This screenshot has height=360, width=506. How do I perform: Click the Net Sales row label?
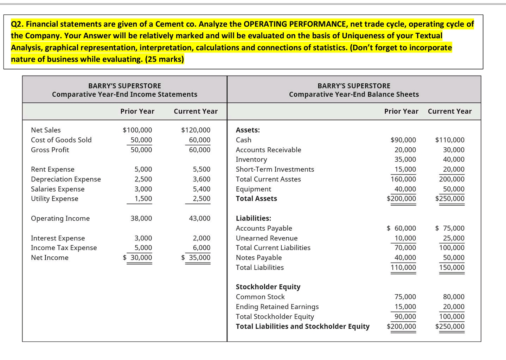[x=46, y=130]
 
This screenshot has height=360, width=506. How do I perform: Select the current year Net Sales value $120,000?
[x=196, y=130]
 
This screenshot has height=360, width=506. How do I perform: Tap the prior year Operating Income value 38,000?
[x=141, y=218]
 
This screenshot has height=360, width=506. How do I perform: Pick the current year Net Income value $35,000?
[x=196, y=258]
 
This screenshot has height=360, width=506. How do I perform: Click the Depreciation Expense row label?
[x=66, y=179]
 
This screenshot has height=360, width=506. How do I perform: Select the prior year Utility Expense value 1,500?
[x=143, y=199]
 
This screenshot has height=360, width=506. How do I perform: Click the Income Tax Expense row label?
[x=64, y=248]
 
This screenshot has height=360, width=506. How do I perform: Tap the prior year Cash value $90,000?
[x=403, y=140]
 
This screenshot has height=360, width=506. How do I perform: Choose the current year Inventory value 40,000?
[x=454, y=160]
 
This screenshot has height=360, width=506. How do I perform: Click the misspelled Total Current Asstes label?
[x=268, y=179]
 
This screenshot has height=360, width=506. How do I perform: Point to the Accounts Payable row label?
[x=264, y=228]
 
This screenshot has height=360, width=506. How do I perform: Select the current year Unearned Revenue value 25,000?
[x=454, y=238]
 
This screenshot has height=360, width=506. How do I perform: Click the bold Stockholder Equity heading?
[x=268, y=287]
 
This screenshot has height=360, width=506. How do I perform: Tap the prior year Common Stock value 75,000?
[x=405, y=297]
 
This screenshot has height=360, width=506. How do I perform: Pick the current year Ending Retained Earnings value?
[x=454, y=307]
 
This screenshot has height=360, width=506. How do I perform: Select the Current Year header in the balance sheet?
[x=449, y=111]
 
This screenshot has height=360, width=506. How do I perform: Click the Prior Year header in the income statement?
[x=137, y=111]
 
